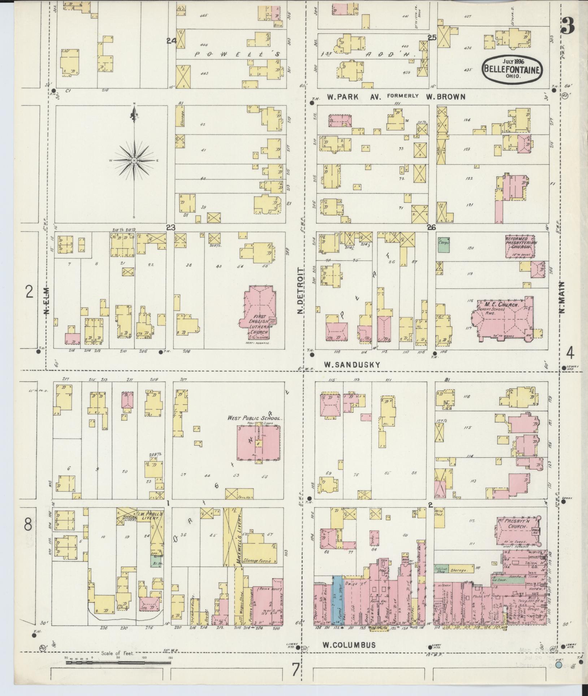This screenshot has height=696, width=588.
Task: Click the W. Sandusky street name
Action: tap(352, 365)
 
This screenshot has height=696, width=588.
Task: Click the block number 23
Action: tap(170, 228)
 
